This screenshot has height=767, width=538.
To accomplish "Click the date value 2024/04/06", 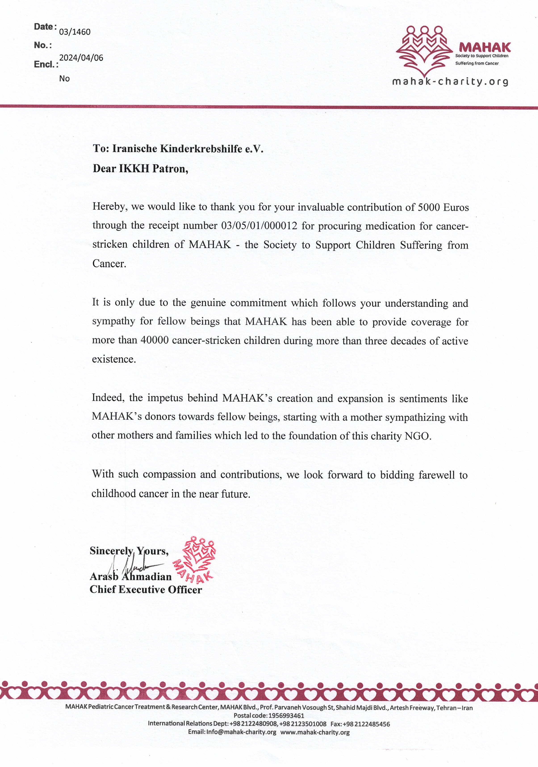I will [x=81, y=58].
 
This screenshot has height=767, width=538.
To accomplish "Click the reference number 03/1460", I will [x=75, y=32].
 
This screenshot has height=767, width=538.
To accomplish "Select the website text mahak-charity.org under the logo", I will [x=450, y=81].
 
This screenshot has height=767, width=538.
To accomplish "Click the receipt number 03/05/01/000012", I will [x=259, y=226].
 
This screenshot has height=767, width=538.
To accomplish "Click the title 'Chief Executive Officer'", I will [x=146, y=589].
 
